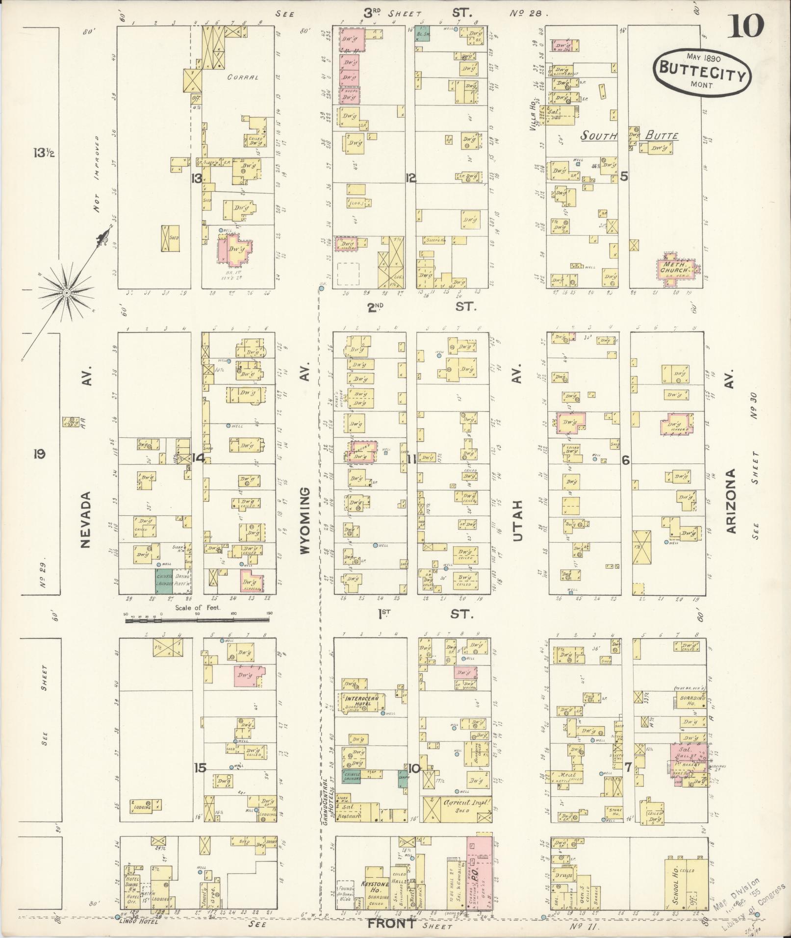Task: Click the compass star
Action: [66, 293]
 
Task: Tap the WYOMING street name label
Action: [305, 520]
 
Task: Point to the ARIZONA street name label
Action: [732, 501]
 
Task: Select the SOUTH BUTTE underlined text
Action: [630, 136]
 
